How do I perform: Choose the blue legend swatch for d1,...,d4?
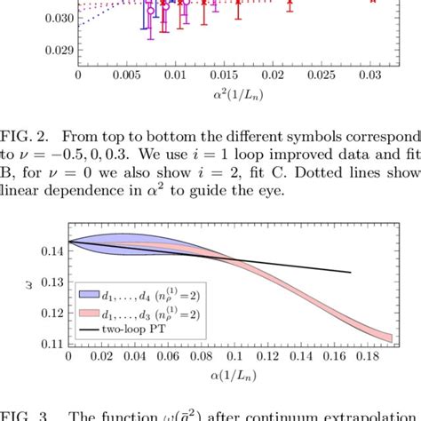pyautogui.click(x=91, y=293)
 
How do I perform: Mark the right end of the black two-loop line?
pyautogui.click(x=351, y=273)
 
